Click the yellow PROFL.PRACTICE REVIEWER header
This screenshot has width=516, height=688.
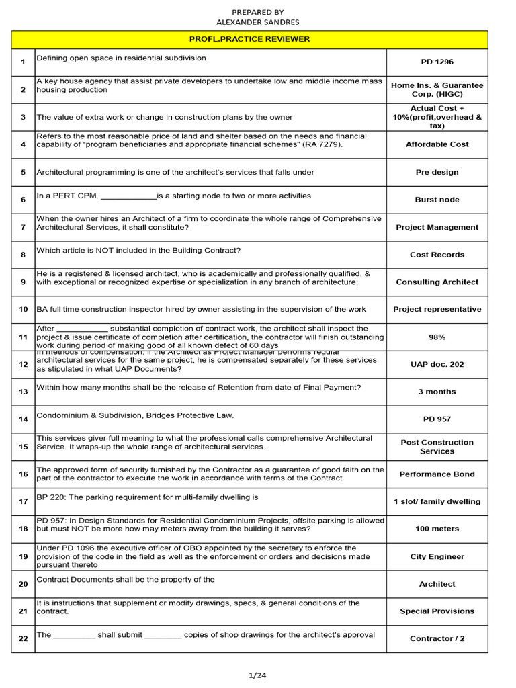pyautogui.click(x=258, y=39)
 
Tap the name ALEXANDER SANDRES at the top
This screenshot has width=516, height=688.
pyautogui.click(x=258, y=22)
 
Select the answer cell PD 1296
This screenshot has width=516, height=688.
pyautogui.click(x=437, y=62)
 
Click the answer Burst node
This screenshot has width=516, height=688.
pyautogui.click(x=437, y=200)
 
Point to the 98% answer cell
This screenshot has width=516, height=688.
pyautogui.click(x=437, y=337)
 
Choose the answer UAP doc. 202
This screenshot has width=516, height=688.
pyautogui.click(x=437, y=364)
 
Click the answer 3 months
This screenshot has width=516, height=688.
pyautogui.click(x=437, y=392)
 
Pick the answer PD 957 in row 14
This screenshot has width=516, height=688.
pyautogui.click(x=437, y=419)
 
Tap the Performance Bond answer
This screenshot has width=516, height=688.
pyautogui.click(x=437, y=474)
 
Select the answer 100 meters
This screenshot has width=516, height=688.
pyautogui.click(x=437, y=529)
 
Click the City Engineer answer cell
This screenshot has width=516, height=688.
pyautogui.click(x=437, y=557)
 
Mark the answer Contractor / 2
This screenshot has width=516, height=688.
pyautogui.click(x=437, y=639)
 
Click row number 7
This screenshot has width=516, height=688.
pyautogui.click(x=23, y=227)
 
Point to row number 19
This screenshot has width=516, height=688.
pyautogui.click(x=23, y=557)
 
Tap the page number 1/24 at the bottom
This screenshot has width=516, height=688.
pyautogui.click(x=258, y=676)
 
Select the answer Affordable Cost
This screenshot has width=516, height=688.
pyautogui.click(x=437, y=144)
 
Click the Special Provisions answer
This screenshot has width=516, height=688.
pyautogui.click(x=437, y=611)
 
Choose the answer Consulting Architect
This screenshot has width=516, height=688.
pyautogui.click(x=437, y=282)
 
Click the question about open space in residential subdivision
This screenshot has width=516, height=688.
pyautogui.click(x=121, y=58)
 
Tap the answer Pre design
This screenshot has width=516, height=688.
pyautogui.click(x=437, y=172)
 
